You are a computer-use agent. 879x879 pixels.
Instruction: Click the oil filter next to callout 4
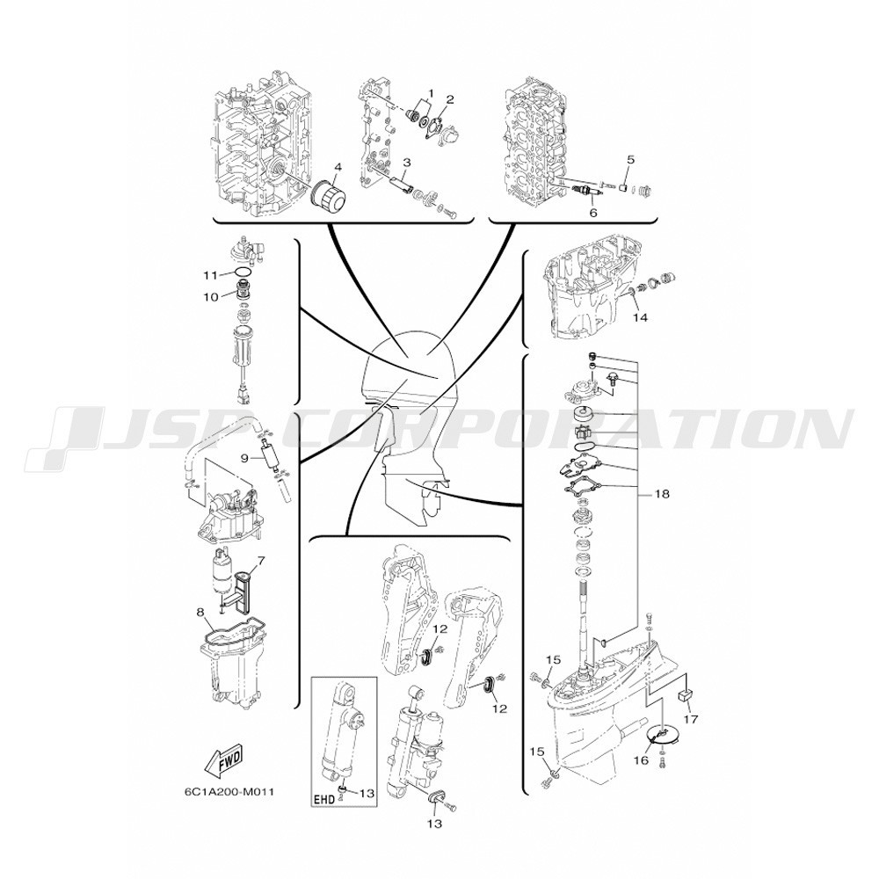(x=329, y=200)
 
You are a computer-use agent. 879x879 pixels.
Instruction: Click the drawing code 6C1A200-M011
(x=229, y=793)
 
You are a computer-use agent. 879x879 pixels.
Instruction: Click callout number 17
(x=691, y=720)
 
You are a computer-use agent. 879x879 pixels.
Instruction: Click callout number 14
(x=640, y=318)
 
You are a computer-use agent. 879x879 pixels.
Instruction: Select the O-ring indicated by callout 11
(x=243, y=272)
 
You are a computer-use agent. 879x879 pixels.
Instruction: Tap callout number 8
(x=200, y=614)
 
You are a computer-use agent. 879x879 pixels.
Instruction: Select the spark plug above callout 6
(x=586, y=194)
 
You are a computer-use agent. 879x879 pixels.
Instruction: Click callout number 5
(x=630, y=160)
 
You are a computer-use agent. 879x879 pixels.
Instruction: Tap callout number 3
(x=407, y=163)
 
